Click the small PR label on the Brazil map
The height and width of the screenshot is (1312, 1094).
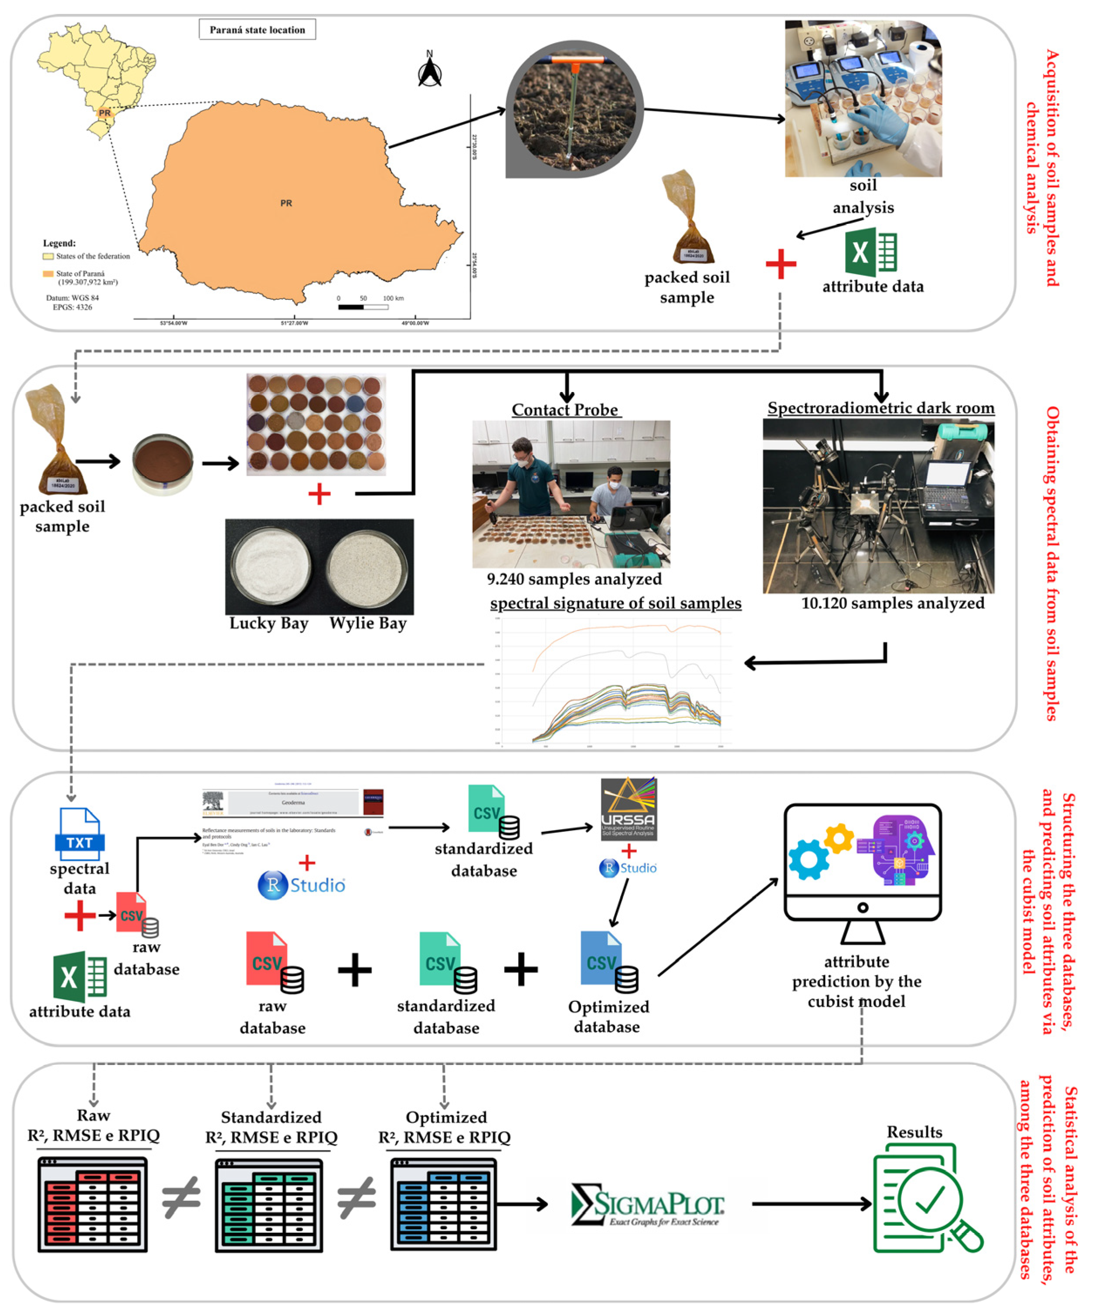click(104, 113)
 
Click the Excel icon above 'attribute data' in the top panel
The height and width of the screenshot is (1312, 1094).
click(870, 252)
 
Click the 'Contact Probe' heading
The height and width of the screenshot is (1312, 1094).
click(565, 410)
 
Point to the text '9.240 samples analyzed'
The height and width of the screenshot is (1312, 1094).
click(574, 579)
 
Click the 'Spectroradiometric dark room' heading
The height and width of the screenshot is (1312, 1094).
click(880, 408)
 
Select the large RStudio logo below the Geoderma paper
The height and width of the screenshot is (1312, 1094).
click(301, 885)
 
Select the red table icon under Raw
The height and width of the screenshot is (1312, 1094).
click(92, 1204)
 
